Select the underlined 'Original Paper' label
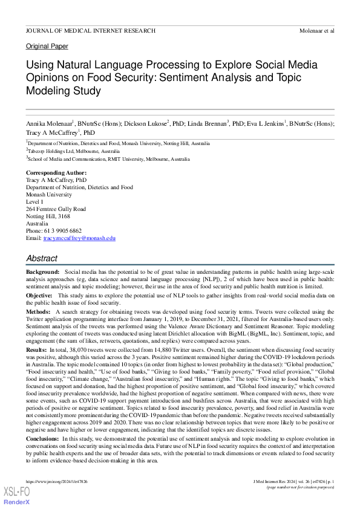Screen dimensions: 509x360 (x=47, y=47)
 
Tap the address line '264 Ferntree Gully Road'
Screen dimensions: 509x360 (x=56, y=209)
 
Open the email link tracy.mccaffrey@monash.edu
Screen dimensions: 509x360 (x=79, y=238)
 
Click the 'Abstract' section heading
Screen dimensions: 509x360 (x=42, y=258)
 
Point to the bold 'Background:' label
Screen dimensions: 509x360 (x=42, y=274)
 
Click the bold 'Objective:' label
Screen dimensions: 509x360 (x=40, y=295)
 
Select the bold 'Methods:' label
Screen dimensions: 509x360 (x=38, y=310)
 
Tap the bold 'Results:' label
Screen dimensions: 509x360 (x=36, y=350)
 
